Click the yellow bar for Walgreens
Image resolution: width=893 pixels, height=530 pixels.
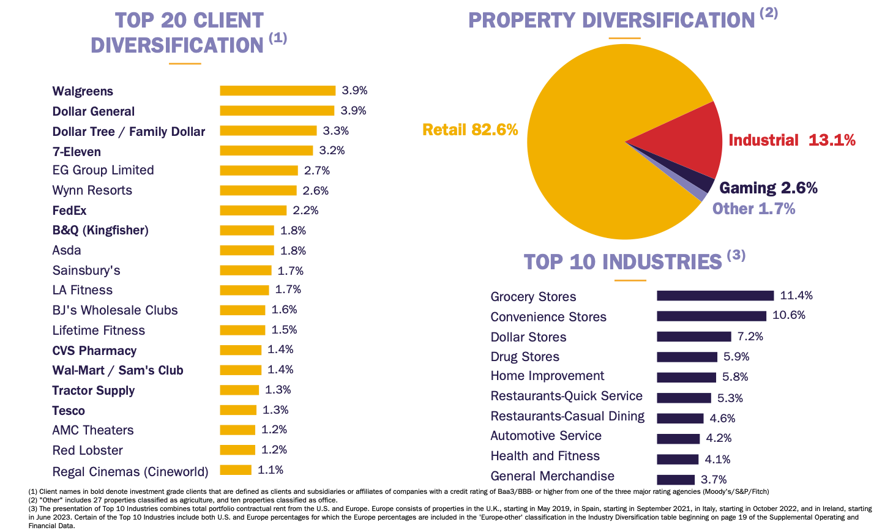[x=277, y=91]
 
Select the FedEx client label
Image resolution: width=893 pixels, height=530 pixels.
[x=69, y=211]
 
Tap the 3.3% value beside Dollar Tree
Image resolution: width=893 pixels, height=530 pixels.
[x=335, y=131]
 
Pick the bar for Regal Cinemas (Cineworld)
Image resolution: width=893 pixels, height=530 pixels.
[x=236, y=470]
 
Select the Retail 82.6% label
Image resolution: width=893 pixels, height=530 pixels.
[x=469, y=130]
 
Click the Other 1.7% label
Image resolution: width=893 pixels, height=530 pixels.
[x=753, y=209]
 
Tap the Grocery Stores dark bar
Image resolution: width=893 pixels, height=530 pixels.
[x=715, y=296]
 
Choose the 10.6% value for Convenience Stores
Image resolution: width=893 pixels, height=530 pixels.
[x=788, y=315]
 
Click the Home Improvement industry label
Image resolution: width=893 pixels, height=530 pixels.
[x=547, y=376]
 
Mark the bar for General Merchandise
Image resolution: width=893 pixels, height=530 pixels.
[x=676, y=480]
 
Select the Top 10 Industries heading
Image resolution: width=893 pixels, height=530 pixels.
[x=623, y=262]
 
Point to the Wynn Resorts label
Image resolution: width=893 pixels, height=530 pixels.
[x=92, y=190]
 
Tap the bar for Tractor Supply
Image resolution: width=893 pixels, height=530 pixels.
[x=239, y=390]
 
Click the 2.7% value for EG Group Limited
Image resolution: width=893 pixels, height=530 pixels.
[x=317, y=171]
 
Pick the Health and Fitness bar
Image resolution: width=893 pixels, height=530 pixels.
[x=678, y=459]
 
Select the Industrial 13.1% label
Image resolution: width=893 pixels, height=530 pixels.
[x=791, y=140]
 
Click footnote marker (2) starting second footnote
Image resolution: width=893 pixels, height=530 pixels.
[x=33, y=500]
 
